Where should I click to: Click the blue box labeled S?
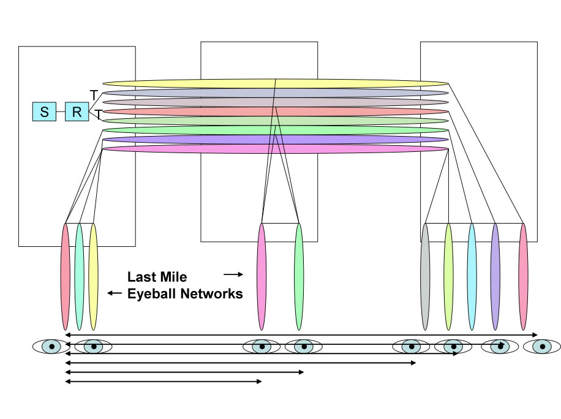coord(44,111)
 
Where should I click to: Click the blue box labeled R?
coord(77,111)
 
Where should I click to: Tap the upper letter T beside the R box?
coord(94,95)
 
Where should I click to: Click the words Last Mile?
coord(157,277)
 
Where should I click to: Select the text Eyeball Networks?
coord(185,294)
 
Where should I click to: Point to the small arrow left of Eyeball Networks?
coord(115,293)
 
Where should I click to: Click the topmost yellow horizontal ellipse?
coord(275,83)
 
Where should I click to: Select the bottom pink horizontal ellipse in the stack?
coord(275,149)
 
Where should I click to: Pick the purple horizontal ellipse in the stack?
coord(275,140)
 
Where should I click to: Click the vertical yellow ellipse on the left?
coord(93,277)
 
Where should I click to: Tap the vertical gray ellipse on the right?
coord(425,277)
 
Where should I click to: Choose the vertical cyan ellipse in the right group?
coord(472,277)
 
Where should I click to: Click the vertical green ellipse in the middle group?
coord(299,277)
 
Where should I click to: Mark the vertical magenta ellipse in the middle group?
coord(262,277)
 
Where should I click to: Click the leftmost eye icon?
coord(51,347)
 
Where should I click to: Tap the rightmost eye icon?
coord(542,347)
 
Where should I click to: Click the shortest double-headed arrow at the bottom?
coord(163,382)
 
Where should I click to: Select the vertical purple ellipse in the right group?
coord(495,277)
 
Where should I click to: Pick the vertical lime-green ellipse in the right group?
coord(448,277)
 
